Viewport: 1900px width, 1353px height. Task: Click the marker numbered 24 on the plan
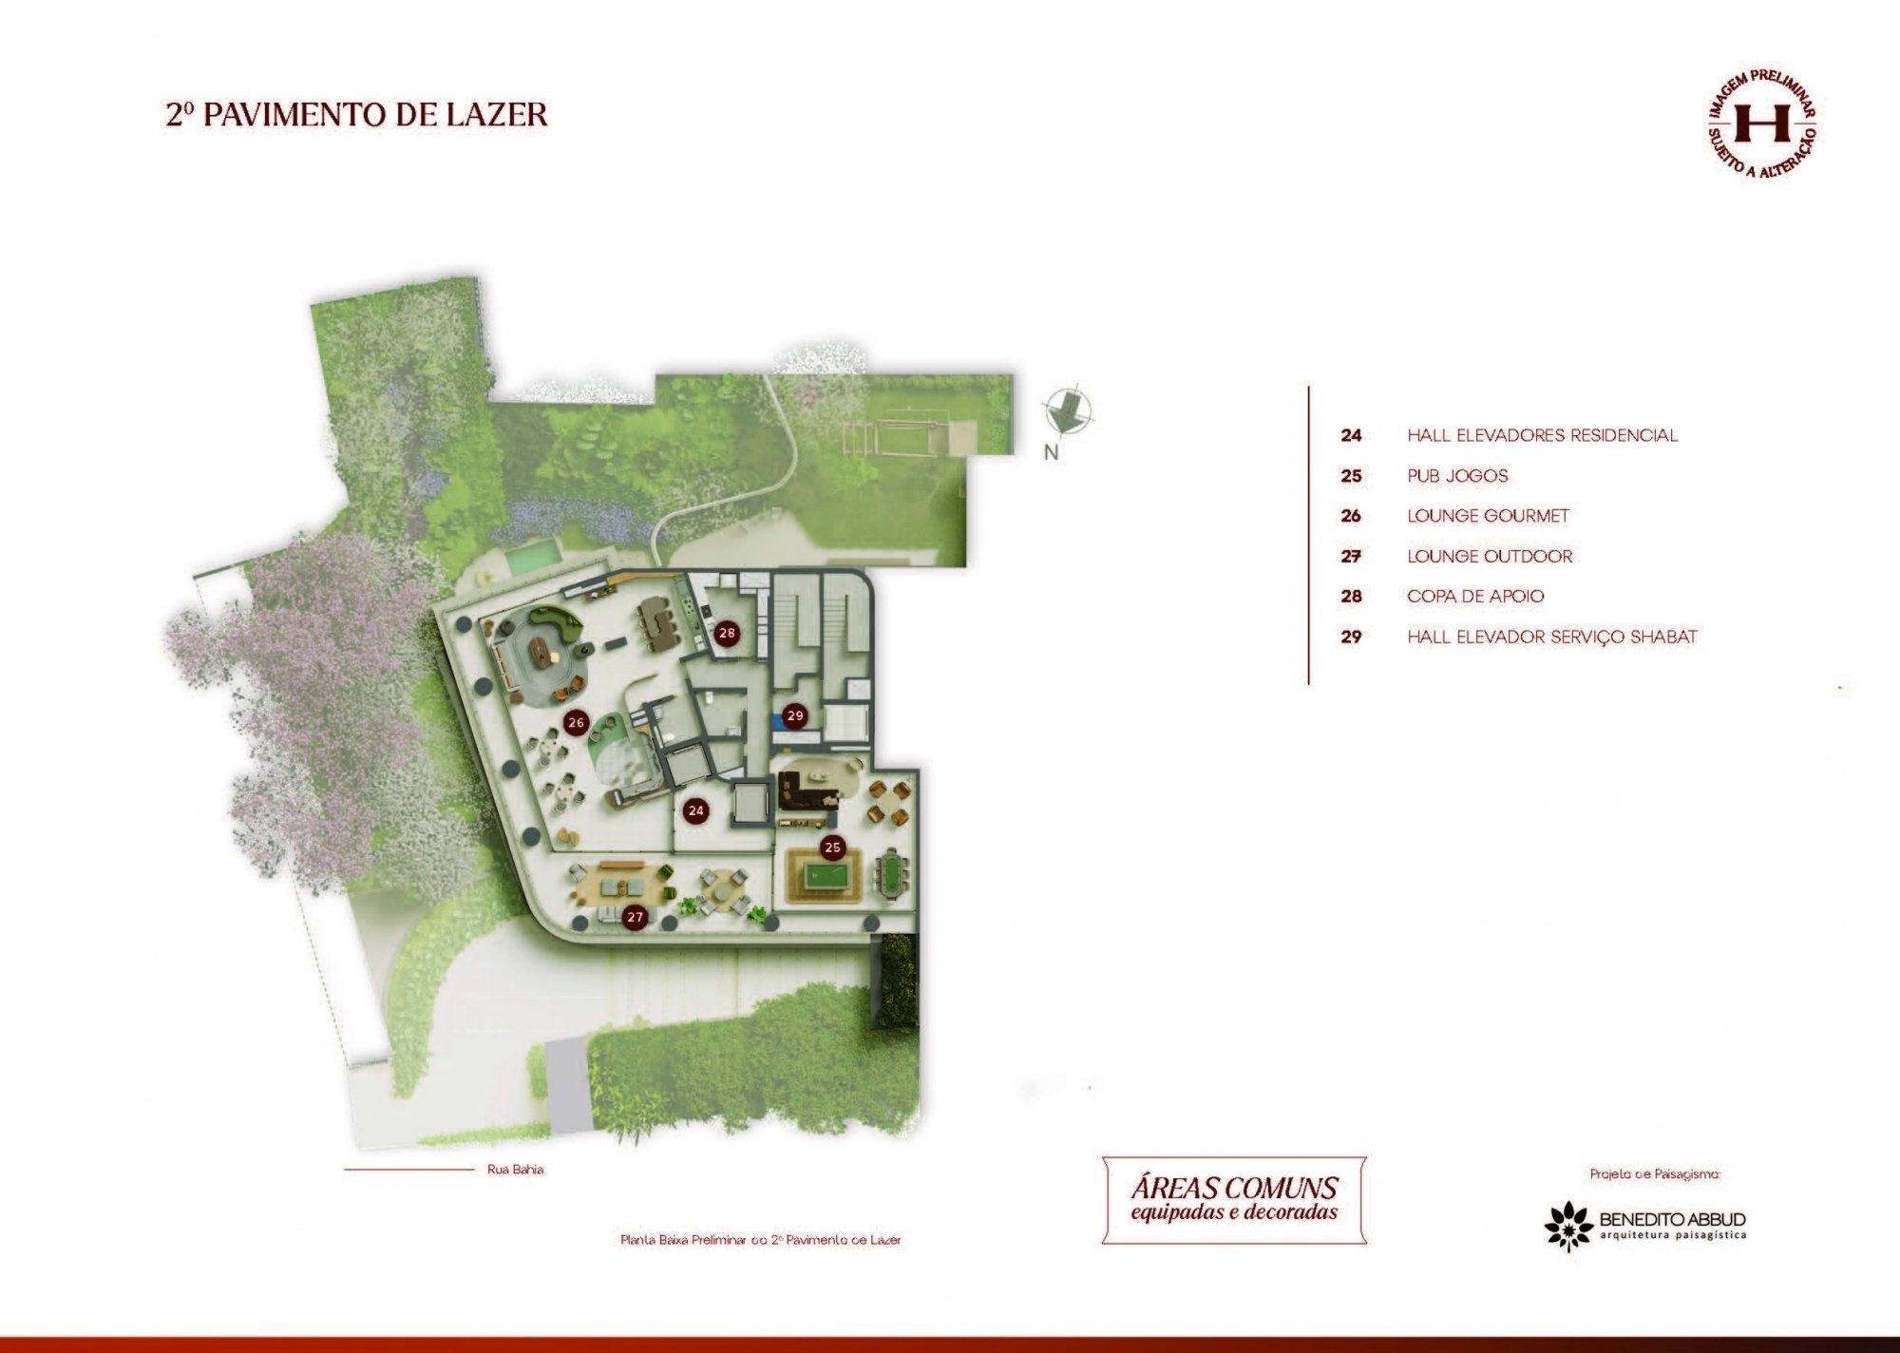(696, 810)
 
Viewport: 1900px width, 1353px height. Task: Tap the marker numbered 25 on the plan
(832, 847)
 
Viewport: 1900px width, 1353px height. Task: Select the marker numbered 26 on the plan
(576, 722)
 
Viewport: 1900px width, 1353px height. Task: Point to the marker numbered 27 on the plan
(635, 917)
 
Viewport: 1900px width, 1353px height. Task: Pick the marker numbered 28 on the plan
(727, 633)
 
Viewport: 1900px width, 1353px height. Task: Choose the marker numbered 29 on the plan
(795, 715)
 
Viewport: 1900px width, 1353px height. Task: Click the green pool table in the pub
(826, 875)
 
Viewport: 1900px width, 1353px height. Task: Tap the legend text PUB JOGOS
(1457, 476)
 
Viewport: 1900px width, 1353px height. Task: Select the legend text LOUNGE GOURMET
(1488, 516)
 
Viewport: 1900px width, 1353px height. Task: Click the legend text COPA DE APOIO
(1475, 597)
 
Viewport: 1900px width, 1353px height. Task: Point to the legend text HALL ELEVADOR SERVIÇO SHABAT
(1551, 637)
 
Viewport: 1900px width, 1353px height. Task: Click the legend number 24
(1351, 436)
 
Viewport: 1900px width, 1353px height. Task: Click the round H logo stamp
(1762, 124)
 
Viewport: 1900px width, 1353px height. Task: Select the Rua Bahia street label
(515, 1170)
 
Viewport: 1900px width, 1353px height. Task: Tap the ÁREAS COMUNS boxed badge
(1234, 1199)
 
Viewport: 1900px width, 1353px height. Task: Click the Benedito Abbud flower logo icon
(1568, 1226)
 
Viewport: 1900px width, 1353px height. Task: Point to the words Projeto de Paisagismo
(1655, 1174)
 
